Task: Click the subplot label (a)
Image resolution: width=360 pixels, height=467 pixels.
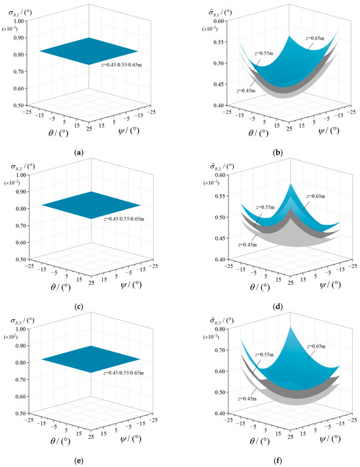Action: coord(79,152)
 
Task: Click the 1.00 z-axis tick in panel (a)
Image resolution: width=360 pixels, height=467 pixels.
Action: coord(18,21)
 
